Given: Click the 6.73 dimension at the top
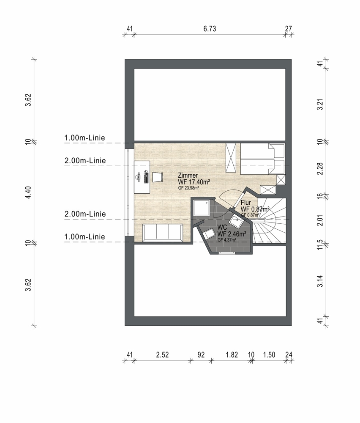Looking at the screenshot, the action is click(x=210, y=29).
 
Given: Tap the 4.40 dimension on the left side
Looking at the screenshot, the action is click(x=28, y=192).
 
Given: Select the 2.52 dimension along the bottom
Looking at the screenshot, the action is click(x=163, y=354).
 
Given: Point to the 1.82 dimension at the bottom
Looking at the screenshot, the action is click(x=232, y=354).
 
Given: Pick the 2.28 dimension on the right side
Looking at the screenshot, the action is click(x=320, y=169).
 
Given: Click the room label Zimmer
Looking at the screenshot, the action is click(x=188, y=176).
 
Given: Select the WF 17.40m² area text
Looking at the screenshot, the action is click(x=194, y=182).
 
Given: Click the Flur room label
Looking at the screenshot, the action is click(x=246, y=202).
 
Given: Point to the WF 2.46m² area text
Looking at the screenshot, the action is click(x=232, y=233).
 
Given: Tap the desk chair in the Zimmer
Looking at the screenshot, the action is click(x=158, y=177).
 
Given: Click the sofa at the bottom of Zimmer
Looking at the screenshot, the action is click(x=163, y=233).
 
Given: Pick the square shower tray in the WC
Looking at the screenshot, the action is click(x=202, y=208).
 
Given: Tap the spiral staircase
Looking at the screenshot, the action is click(x=270, y=221).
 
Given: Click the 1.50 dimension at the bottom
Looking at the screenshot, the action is click(x=269, y=354).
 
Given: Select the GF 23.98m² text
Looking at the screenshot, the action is click(x=188, y=188).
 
